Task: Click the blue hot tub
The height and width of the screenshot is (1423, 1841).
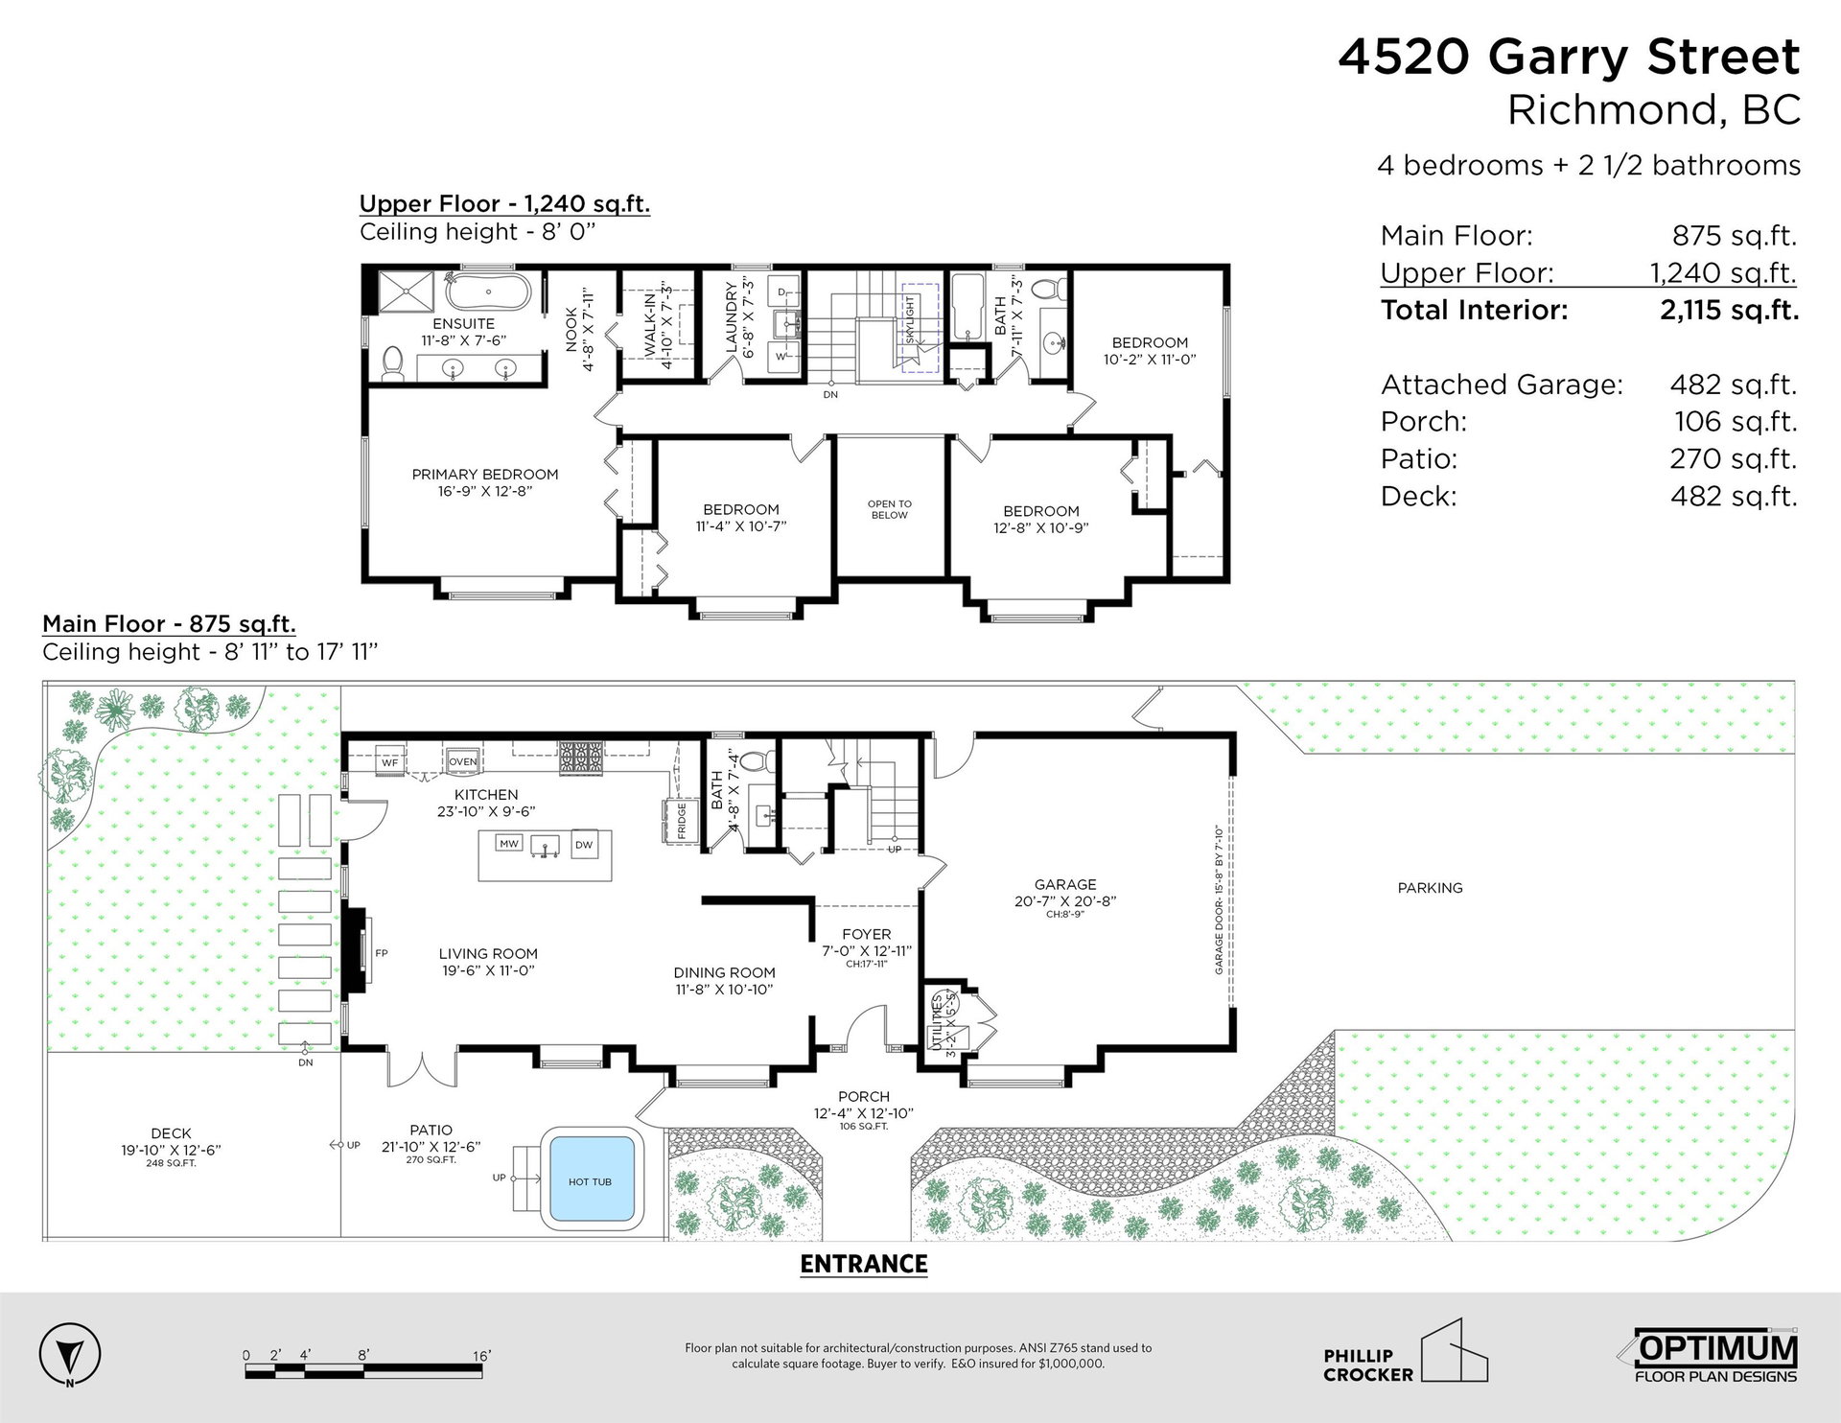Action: (589, 1180)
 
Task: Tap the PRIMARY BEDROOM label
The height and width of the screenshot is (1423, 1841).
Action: (485, 474)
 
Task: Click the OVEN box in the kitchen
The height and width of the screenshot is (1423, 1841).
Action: (463, 761)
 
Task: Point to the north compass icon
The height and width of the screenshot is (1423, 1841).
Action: (70, 1357)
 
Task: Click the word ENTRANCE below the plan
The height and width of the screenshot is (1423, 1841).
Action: (864, 1264)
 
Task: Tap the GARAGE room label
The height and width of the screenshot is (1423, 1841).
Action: (1065, 884)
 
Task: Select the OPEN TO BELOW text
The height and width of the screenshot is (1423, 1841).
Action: (890, 509)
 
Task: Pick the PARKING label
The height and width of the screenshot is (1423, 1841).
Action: (1430, 888)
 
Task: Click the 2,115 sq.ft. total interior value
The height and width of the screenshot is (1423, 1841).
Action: (1729, 310)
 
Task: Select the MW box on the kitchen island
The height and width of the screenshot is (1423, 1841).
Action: (509, 843)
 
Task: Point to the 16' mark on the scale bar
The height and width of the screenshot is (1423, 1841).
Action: (481, 1356)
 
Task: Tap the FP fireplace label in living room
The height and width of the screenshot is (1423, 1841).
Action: (382, 953)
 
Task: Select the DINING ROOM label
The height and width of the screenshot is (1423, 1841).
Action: (724, 972)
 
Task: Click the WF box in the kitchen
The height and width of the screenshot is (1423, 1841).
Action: (390, 761)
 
